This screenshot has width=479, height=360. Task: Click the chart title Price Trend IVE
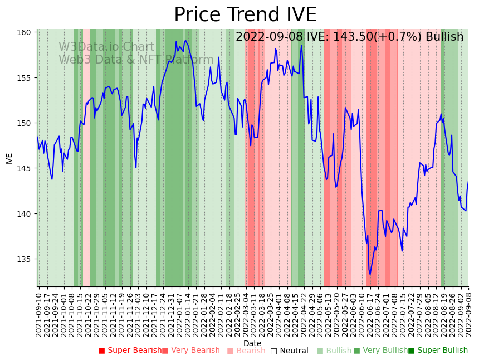coord(245,15)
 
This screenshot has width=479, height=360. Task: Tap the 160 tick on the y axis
coord(25,32)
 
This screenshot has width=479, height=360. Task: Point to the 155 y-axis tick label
coord(25,77)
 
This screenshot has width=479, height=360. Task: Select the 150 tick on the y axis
coord(25,123)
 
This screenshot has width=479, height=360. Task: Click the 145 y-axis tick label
coord(25,168)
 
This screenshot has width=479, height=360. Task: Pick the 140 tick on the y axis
coord(25,214)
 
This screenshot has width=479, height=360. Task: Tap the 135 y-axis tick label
coord(25,259)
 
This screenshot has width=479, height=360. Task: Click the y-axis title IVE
coord(9,158)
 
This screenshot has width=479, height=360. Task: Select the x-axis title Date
coord(252,343)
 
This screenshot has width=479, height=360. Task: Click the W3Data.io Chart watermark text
coord(106,47)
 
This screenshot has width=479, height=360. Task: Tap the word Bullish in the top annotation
coord(444,37)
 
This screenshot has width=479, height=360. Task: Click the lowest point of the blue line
coord(370,274)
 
